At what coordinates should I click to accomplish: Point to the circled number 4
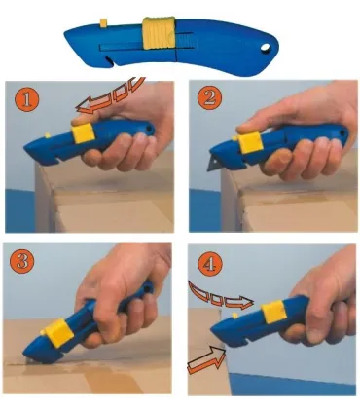click(x=204, y=262)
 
